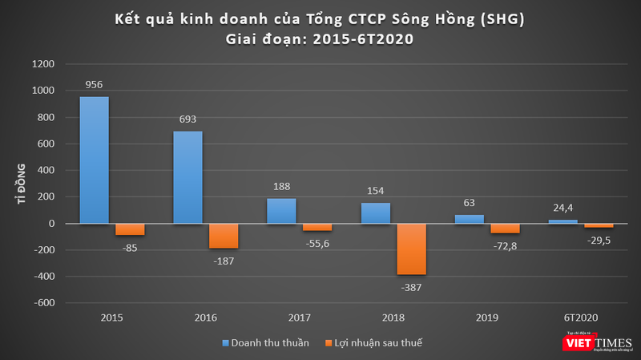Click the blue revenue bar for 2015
(x=94, y=160)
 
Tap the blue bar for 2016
(x=187, y=177)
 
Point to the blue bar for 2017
(x=282, y=210)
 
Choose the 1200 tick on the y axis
(x=44, y=64)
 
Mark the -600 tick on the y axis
(x=44, y=303)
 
